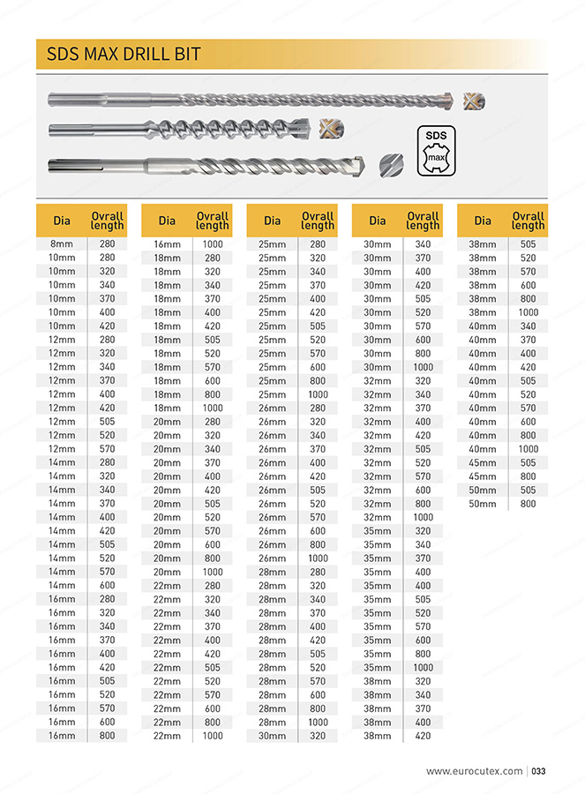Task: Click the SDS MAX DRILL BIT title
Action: (x=124, y=55)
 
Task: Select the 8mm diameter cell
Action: (x=62, y=244)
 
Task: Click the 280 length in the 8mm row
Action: (x=107, y=244)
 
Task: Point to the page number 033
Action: (x=538, y=771)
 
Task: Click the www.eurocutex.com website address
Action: (x=474, y=771)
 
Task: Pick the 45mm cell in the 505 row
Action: (x=482, y=462)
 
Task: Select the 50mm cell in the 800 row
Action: (x=482, y=504)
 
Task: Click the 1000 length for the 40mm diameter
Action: (x=528, y=449)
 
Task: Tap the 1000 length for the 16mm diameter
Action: (x=212, y=244)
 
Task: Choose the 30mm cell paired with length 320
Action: (x=272, y=735)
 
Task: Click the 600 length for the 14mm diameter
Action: (x=107, y=585)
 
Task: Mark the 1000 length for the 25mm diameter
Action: (x=317, y=394)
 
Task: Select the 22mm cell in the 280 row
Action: (x=167, y=585)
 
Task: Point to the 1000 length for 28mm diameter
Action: (x=317, y=722)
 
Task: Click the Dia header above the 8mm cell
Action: (x=62, y=221)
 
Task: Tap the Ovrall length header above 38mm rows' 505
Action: (x=528, y=221)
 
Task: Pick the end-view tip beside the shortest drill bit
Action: (x=331, y=129)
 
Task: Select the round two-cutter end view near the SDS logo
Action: (x=390, y=164)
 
